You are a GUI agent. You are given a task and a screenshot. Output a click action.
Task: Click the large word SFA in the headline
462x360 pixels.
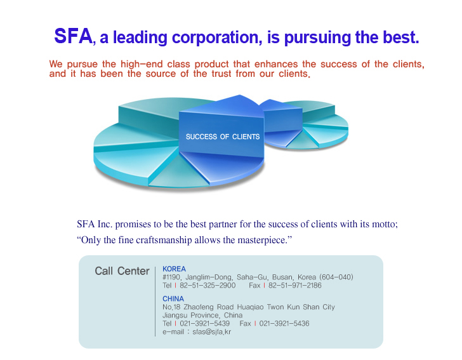click(73, 36)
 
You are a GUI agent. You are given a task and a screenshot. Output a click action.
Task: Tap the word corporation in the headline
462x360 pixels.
click(217, 37)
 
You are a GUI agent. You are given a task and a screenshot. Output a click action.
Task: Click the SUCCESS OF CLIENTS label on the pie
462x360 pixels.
click(223, 137)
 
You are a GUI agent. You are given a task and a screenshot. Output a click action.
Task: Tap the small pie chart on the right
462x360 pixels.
click(305, 124)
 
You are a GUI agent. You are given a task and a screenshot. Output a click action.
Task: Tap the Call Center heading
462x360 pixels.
click(122, 271)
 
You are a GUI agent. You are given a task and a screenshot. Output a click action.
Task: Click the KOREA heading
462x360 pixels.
click(174, 269)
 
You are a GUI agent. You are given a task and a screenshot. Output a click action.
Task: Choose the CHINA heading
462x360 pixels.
click(173, 298)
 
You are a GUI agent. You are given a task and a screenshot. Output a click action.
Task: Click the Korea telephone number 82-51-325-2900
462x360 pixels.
click(208, 286)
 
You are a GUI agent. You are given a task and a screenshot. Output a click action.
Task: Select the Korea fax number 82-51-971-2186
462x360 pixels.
click(295, 286)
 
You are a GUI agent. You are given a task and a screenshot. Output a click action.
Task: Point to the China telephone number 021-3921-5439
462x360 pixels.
click(205, 323)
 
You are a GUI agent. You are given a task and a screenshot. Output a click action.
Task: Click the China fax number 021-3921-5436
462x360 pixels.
click(284, 323)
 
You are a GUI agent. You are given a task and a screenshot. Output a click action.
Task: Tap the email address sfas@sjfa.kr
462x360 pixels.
click(212, 331)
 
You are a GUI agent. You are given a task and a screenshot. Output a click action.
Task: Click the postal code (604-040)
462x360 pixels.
click(336, 277)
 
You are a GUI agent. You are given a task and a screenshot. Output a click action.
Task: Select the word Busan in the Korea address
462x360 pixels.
click(282, 277)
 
